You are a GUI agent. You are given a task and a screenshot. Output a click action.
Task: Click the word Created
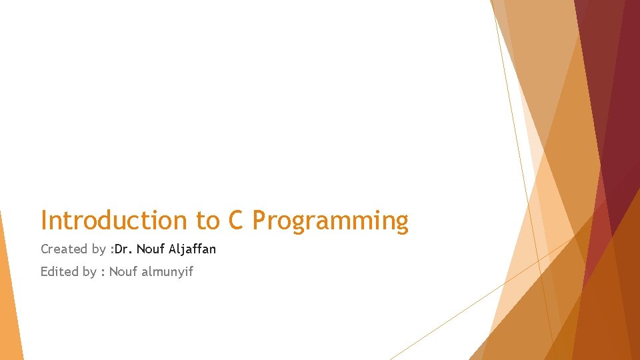click(x=64, y=249)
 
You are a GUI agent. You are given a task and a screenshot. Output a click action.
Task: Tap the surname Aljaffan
click(x=193, y=249)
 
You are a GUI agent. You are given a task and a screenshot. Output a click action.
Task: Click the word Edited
click(x=59, y=271)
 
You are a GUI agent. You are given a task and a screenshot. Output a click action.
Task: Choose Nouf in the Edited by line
click(x=123, y=271)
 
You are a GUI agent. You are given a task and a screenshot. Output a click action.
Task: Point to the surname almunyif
click(x=167, y=271)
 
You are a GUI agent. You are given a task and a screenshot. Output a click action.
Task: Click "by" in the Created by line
click(x=99, y=250)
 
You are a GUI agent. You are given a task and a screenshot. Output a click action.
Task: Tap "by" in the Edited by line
click(x=89, y=272)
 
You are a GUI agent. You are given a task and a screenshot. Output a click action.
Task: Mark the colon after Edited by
click(x=103, y=272)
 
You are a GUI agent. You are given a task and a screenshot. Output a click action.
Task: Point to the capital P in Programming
click(x=260, y=221)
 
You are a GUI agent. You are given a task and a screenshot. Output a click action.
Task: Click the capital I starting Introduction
click(x=44, y=221)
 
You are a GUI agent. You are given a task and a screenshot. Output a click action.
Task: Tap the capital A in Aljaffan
click(x=173, y=249)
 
